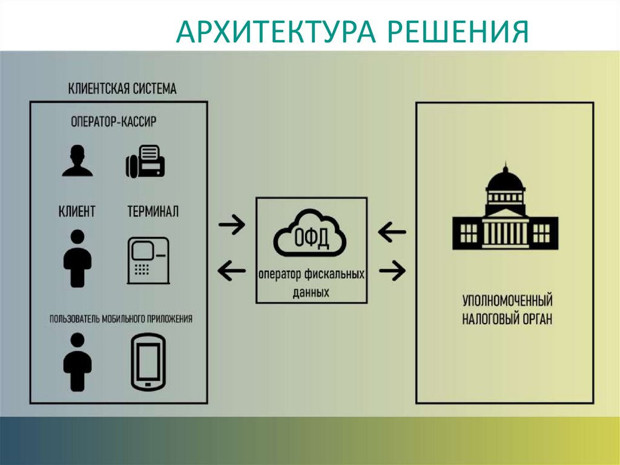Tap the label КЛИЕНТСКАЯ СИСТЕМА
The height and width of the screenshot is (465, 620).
pyautogui.click(x=123, y=89)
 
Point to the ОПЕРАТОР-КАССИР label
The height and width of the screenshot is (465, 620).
pyautogui.click(x=114, y=121)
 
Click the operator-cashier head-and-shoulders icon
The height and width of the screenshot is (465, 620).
pyautogui.click(x=77, y=160)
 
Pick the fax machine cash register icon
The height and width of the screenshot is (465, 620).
pyautogui.click(x=145, y=161)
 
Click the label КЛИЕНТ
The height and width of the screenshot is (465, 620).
pyautogui.click(x=77, y=211)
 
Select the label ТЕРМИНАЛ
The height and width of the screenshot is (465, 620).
pyautogui.click(x=153, y=211)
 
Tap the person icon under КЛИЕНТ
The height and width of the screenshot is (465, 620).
pyautogui.click(x=77, y=258)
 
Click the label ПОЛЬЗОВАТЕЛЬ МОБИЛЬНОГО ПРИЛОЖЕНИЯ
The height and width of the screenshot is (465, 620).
pyautogui.click(x=122, y=318)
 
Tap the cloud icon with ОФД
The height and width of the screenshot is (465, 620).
pyautogui.click(x=311, y=233)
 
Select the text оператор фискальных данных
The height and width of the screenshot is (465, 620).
pyautogui.click(x=311, y=283)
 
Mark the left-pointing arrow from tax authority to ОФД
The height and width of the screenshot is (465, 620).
pyautogui.click(x=391, y=231)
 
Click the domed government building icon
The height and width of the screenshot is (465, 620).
pyautogui.click(x=504, y=209)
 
